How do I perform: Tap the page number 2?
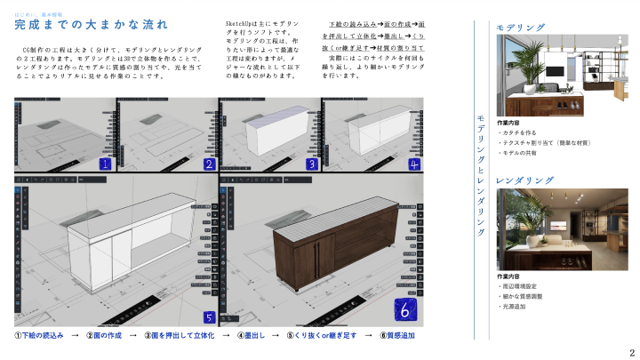click(631, 351)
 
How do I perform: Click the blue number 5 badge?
click(209, 316)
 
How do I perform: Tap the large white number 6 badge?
click(404, 311)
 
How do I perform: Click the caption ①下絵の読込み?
click(40, 336)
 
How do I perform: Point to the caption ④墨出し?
click(252, 336)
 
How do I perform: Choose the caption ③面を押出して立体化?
click(179, 336)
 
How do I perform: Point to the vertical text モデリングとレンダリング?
click(481, 173)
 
